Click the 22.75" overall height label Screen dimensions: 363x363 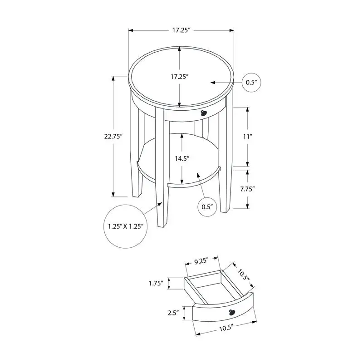click(x=113, y=137)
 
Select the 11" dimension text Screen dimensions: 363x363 click(x=247, y=136)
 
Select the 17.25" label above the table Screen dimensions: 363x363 click(x=180, y=30)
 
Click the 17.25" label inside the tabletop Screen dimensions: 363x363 click(x=180, y=77)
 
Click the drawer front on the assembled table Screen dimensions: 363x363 click(x=191, y=115)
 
